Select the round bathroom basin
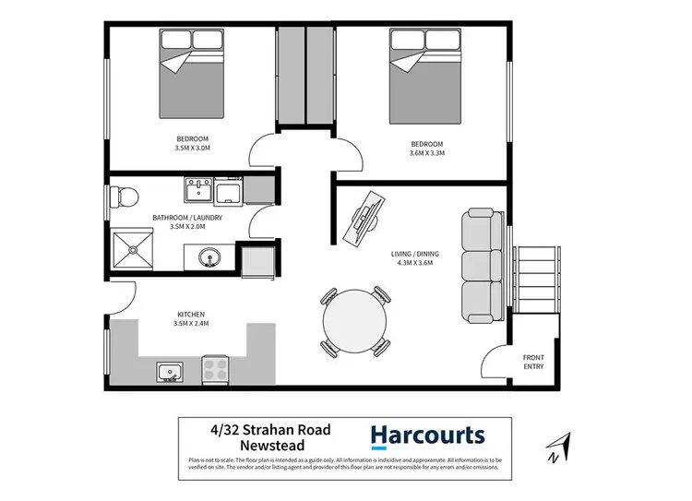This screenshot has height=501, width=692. (x=209, y=258)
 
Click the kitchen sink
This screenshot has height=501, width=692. (x=169, y=373)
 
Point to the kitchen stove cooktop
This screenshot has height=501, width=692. (x=215, y=371)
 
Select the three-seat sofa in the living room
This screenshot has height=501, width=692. (x=481, y=260)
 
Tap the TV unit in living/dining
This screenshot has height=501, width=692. (x=364, y=218)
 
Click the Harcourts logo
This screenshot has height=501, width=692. (x=426, y=435)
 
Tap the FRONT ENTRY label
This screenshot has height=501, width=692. (x=533, y=362)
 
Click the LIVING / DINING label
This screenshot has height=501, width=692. (x=412, y=254)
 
